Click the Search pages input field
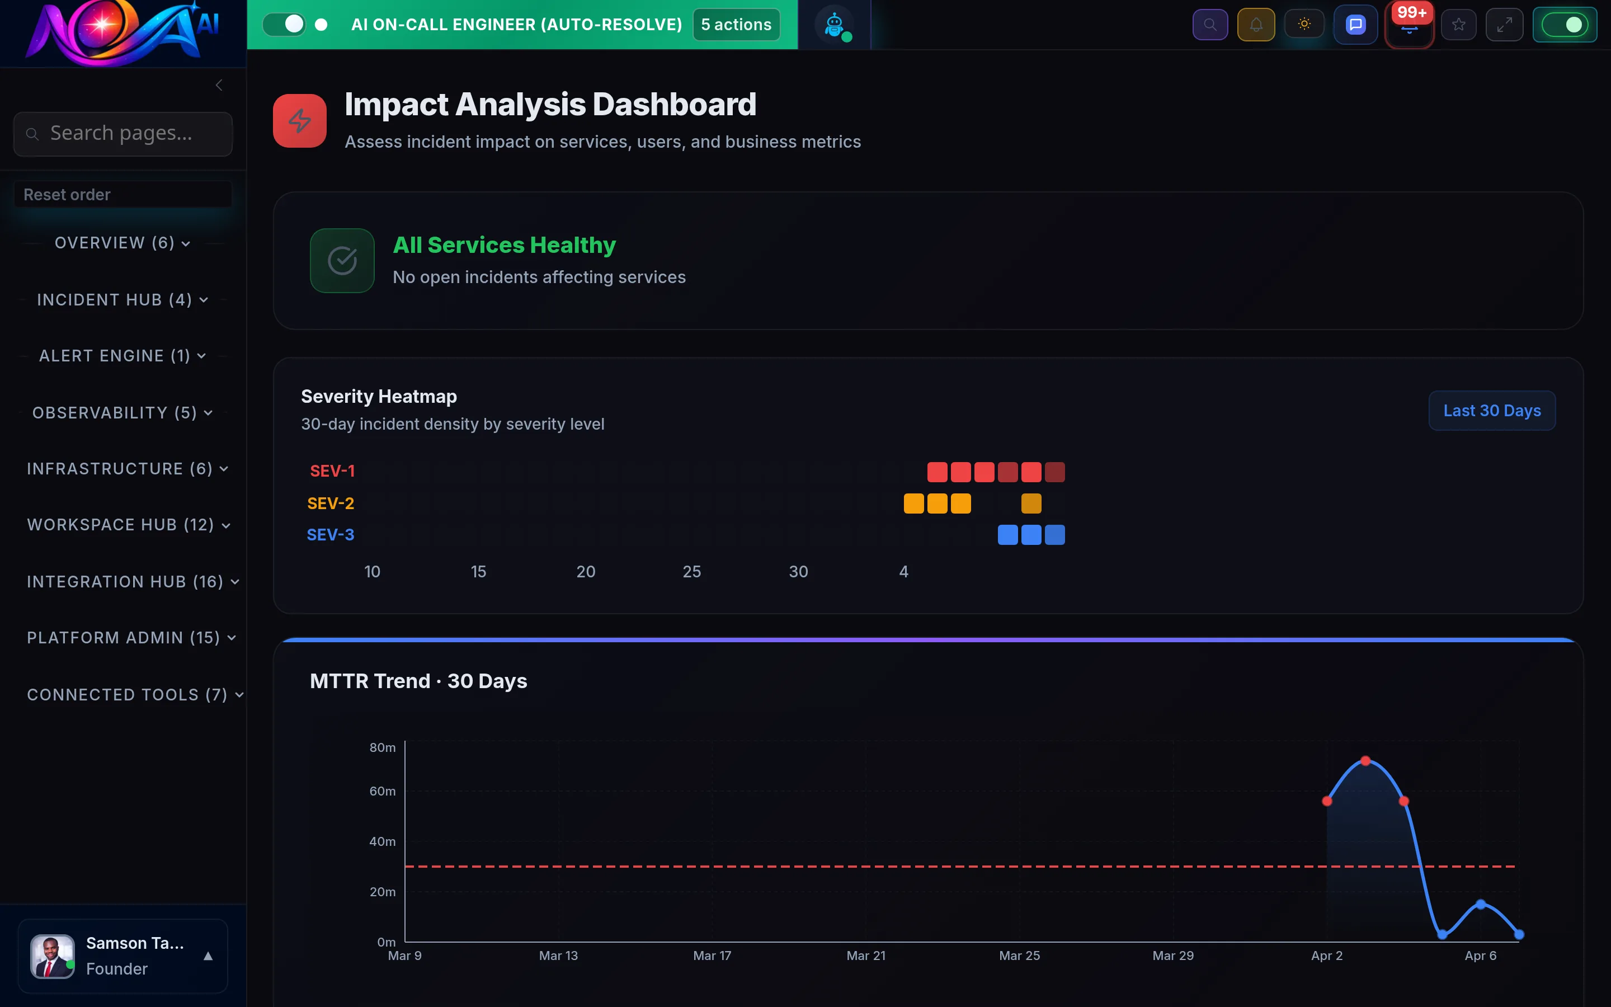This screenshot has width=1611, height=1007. point(123,134)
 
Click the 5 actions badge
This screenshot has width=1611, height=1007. point(736,25)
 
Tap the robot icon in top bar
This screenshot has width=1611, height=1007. point(834,25)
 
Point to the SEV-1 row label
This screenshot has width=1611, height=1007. point(332,471)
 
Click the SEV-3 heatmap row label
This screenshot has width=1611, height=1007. point(330,535)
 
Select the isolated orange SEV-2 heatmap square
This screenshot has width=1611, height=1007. point(1030,503)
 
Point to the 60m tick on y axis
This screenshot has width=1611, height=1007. point(382,791)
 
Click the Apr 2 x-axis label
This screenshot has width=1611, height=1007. point(1326,956)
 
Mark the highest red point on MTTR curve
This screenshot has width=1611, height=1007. point(1365,761)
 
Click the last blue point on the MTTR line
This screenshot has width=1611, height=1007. point(1519,934)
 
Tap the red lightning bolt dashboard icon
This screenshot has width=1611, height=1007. point(300,120)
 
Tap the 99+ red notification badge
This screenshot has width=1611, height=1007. point(1411,13)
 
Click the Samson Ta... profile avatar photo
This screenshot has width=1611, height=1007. point(52,957)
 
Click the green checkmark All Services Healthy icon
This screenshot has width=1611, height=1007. point(342,260)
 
